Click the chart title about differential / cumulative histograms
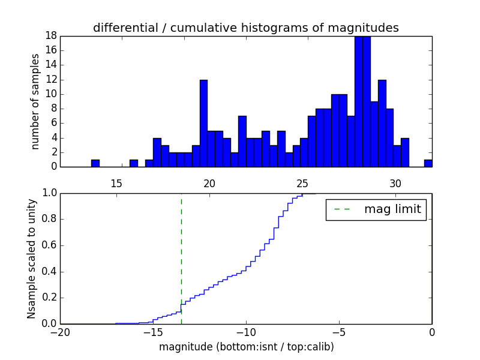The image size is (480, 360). pos(245,28)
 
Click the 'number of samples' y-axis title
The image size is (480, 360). pos(35,101)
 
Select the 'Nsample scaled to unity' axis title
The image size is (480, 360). pos(32,258)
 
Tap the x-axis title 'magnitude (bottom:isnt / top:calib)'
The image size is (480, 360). pos(246,347)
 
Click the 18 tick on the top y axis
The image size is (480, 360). pos(50,36)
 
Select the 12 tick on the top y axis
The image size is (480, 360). pos(50,80)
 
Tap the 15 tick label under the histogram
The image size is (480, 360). pos(116,183)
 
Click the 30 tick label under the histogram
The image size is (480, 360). pos(396,183)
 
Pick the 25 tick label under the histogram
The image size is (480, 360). pos(303,183)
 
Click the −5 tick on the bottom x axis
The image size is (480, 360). pos(339,332)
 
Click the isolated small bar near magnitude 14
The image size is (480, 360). pos(95,163)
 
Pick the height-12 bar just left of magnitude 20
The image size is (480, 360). pos(203,124)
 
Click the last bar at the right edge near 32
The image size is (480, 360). pos(428,163)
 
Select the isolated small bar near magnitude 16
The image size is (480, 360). pos(134,163)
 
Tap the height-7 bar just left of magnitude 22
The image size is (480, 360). pos(242,142)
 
